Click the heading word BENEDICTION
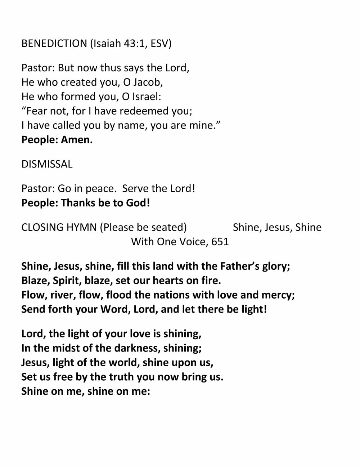(x=54, y=44)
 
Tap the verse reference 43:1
(x=135, y=44)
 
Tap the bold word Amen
(x=77, y=140)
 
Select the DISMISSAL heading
(x=47, y=164)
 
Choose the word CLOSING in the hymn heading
(x=39, y=228)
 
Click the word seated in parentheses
(x=167, y=228)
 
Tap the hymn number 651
(x=220, y=242)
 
